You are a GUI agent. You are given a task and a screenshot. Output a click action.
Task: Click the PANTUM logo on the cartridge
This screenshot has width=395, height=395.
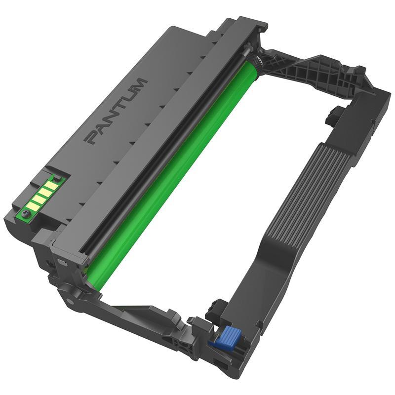click(117, 111)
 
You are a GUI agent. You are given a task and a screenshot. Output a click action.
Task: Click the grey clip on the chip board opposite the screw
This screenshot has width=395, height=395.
click(57, 178)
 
